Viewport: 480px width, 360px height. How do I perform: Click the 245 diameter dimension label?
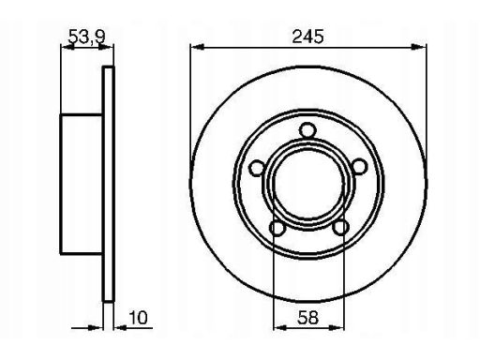307,37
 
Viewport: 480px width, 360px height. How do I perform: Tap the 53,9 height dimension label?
86,37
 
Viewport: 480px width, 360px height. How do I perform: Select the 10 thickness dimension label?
138,318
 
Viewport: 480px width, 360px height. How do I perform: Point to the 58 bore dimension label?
307,318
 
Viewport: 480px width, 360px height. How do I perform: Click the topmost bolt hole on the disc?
307,130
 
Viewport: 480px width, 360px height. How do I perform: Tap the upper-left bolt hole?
257,168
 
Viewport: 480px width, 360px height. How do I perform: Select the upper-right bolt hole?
358,166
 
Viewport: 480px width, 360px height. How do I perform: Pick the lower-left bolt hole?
277,228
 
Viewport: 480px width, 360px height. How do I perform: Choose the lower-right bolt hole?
340,227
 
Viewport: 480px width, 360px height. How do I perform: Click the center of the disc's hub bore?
308,185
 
